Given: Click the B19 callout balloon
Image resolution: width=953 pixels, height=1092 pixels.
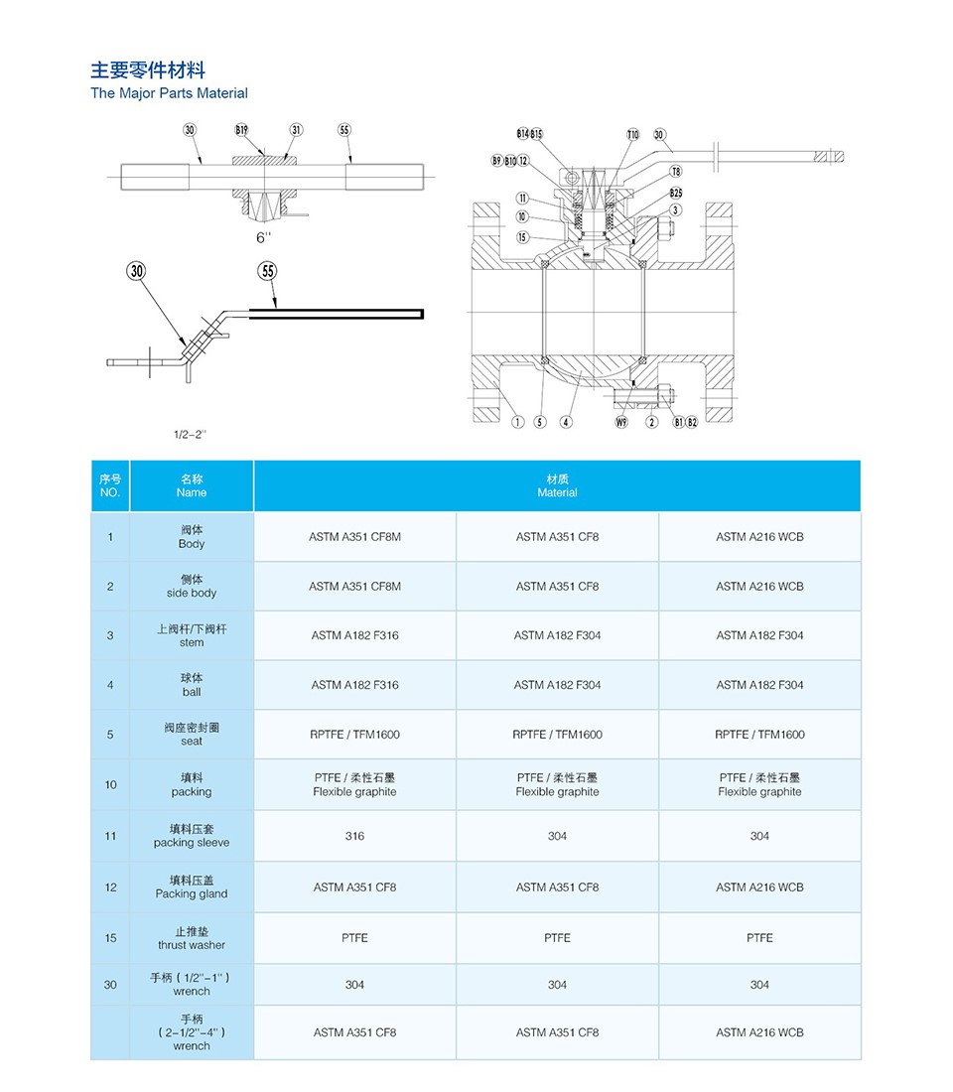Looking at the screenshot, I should [241, 130].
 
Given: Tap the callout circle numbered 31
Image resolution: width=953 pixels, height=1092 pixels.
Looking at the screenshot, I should [296, 130].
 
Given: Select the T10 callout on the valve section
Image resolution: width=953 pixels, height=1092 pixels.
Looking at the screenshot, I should [632, 134].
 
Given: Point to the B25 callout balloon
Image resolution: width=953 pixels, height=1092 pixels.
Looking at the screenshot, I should [676, 193].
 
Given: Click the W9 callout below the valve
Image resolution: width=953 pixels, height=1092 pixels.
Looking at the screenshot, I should [622, 422].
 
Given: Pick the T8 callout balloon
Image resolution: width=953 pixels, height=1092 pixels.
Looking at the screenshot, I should [676, 172].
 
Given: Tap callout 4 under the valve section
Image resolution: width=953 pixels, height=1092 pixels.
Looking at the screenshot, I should [566, 422].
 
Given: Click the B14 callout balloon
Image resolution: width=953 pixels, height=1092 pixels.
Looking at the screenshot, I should [523, 134].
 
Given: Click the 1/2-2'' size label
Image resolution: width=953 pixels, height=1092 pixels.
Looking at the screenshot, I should [190, 435].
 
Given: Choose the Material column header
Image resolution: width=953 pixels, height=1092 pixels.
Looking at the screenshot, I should [557, 485].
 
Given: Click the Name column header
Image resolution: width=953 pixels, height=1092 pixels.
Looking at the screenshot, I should [192, 485].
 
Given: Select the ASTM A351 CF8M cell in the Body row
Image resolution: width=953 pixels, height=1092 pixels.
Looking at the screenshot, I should [354, 537].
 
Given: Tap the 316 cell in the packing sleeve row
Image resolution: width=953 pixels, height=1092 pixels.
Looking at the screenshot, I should [354, 836].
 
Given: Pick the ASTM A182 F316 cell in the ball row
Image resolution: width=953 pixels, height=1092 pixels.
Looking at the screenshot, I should [354, 685].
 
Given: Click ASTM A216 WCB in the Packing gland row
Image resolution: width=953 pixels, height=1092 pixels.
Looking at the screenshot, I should [759, 887].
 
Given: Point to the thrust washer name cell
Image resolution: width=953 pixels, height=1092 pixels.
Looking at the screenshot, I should [192, 938].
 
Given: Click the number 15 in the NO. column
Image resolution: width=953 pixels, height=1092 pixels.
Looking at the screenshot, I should [110, 938].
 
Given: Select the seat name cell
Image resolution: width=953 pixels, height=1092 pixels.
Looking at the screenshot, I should [192, 735].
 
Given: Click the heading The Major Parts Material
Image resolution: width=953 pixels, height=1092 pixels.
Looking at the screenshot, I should [169, 93].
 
